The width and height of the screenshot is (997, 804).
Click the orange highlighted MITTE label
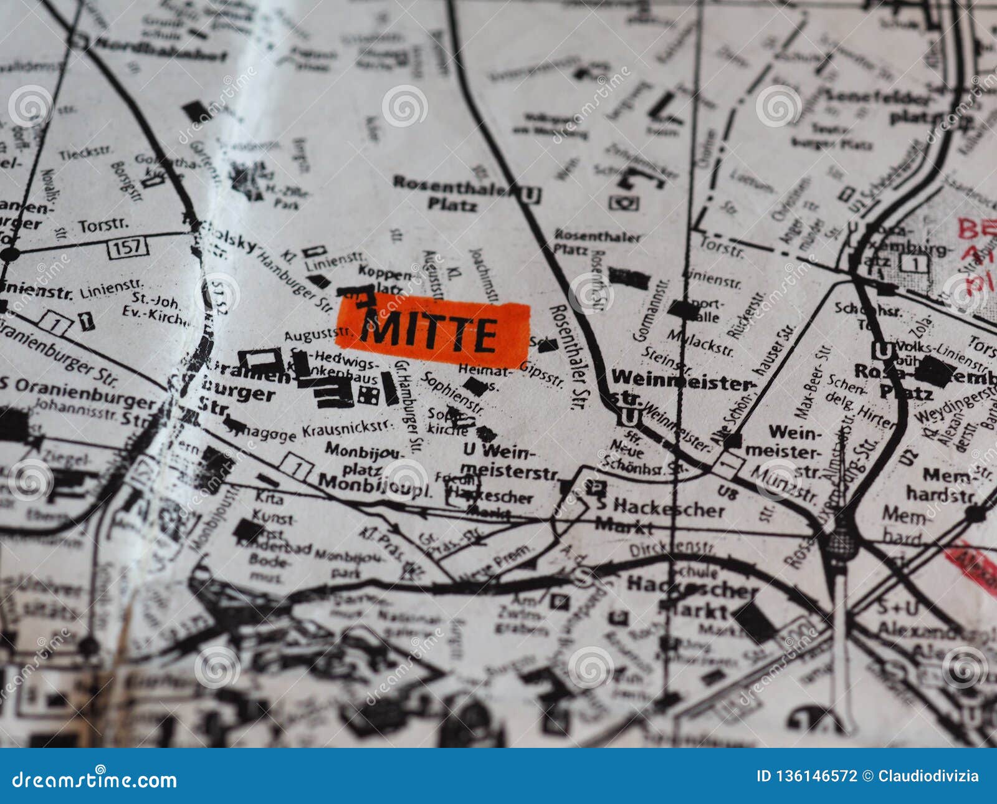point(432,335)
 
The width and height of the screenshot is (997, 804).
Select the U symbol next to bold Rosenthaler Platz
point(530,195)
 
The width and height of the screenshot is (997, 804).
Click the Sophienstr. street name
point(453,393)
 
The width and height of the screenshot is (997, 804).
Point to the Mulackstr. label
point(700,342)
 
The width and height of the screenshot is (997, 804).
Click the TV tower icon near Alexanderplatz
point(841,542)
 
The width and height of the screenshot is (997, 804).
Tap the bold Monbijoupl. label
point(374,483)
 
